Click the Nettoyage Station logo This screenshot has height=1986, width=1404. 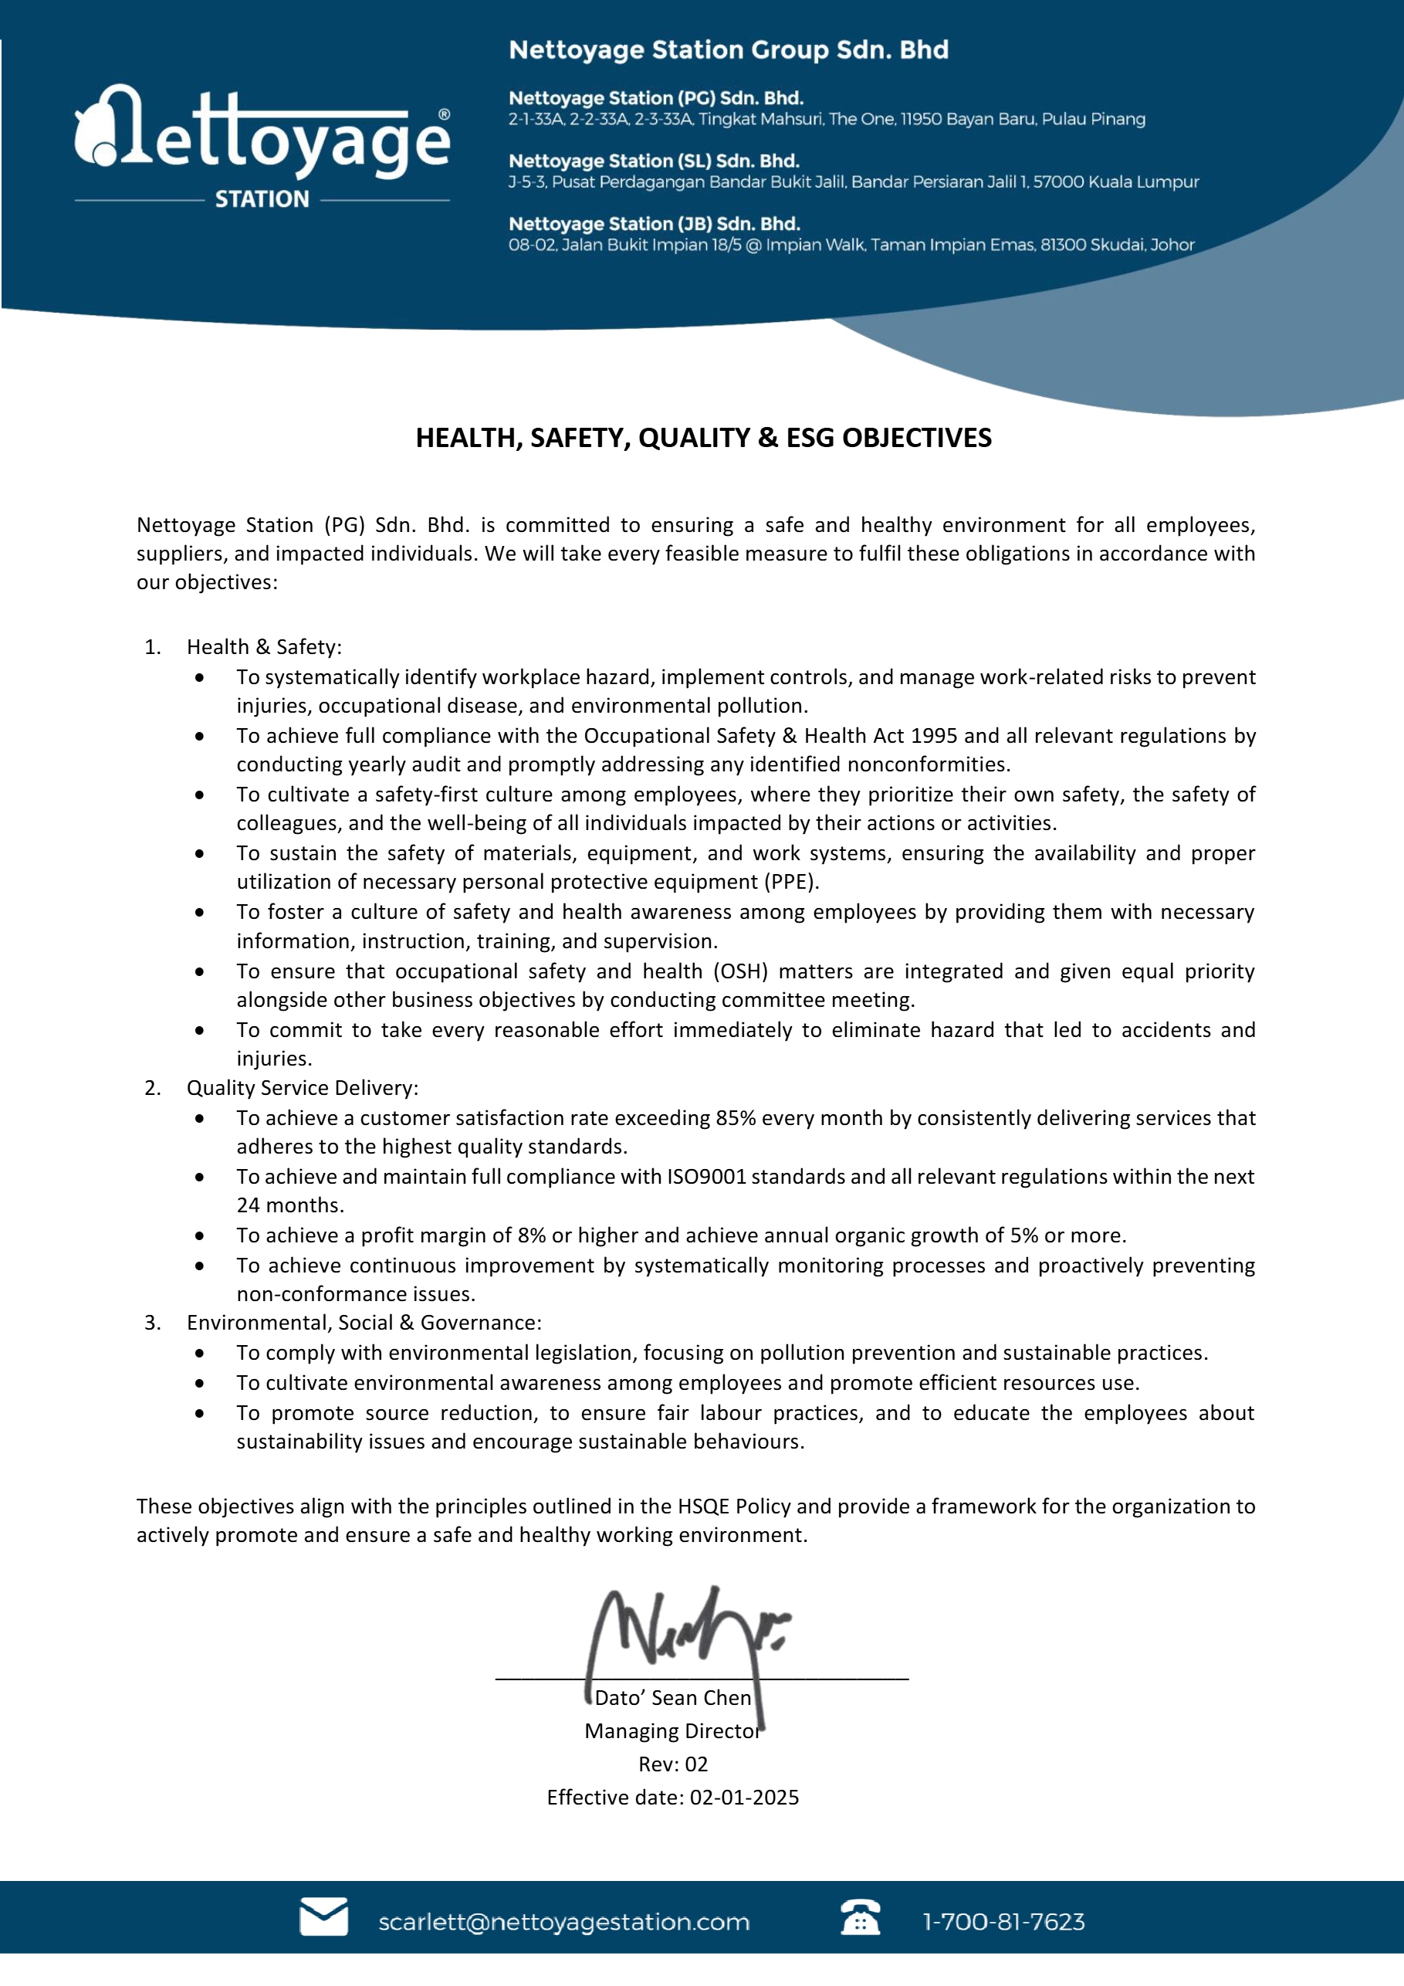click(262, 145)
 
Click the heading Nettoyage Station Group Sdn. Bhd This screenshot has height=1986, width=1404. click(728, 50)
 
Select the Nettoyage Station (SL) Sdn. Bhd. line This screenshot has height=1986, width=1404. click(654, 161)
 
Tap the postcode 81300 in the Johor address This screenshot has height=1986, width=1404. click(1065, 245)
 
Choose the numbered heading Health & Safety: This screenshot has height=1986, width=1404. click(264, 647)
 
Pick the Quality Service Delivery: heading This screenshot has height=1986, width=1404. click(302, 1087)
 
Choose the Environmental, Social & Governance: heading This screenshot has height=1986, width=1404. click(364, 1323)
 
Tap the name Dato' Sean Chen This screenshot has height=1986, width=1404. click(672, 1698)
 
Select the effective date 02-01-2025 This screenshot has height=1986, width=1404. click(743, 1798)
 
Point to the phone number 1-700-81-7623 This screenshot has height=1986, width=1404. click(1003, 1922)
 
